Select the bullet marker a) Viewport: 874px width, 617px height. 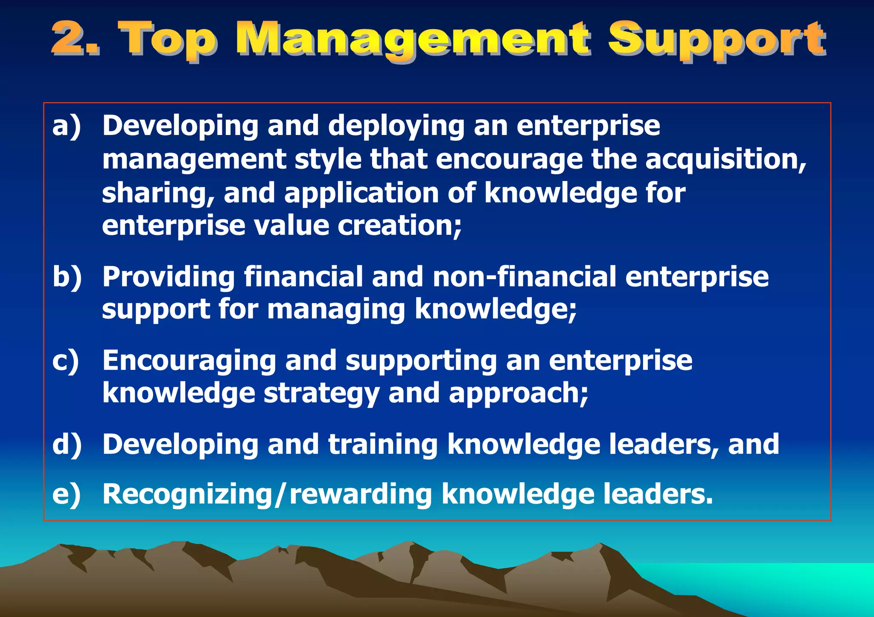tap(67, 126)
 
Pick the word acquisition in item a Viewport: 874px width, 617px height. tap(725, 160)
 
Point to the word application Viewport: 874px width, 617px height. tap(361, 193)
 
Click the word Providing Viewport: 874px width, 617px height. tap(169, 277)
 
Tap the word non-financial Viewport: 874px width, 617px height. tap(524, 277)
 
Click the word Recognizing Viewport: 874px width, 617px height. tap(187, 494)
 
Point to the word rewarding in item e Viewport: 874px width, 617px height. tap(361, 494)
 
